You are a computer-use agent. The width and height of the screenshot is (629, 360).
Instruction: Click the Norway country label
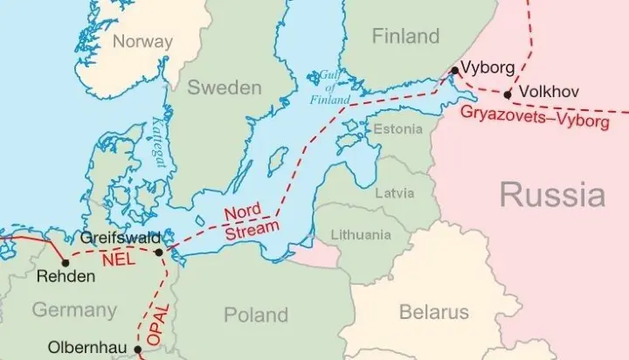point(143,42)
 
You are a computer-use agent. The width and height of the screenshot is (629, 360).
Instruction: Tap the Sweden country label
point(225,87)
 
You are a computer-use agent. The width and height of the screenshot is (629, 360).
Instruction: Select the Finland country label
point(404,36)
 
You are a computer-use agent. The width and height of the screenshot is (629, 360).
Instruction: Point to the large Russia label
point(552,194)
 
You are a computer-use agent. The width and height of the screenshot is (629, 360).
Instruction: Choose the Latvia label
point(394,192)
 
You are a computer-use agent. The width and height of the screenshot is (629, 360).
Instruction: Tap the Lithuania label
point(361,235)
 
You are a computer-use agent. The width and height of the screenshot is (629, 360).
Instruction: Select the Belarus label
point(433,312)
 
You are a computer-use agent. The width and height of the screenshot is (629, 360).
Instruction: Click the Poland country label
point(256,315)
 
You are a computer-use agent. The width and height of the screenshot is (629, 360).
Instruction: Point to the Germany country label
point(74,309)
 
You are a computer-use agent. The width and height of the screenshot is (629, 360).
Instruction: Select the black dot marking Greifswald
point(158,253)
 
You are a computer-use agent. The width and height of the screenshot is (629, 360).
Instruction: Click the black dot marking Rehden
point(64,260)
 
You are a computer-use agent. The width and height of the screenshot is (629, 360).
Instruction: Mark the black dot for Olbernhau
point(138,349)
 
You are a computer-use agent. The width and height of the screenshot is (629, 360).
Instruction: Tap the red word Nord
point(243,212)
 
